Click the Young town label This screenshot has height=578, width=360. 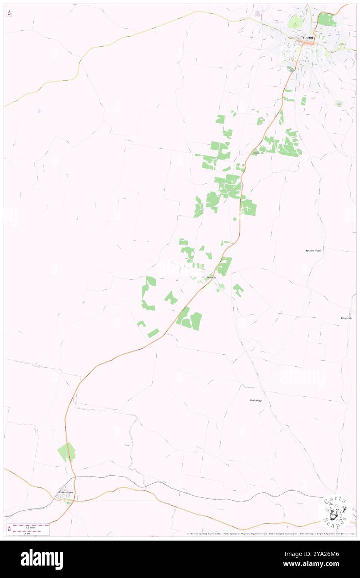(x=307, y=37)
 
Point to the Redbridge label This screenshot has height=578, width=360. (x=256, y=400)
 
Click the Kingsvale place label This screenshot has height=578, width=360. (x=346, y=318)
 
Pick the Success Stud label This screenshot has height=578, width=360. (x=313, y=250)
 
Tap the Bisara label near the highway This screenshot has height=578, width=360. (x=256, y=153)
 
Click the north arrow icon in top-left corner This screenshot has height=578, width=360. (x=9, y=13)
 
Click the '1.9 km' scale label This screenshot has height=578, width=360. (x=27, y=533)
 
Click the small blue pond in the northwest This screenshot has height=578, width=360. (x=39, y=111)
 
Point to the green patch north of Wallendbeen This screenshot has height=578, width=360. (x=67, y=452)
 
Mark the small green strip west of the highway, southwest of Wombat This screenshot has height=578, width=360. (x=153, y=333)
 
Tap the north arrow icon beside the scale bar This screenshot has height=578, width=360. (x=9, y=529)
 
